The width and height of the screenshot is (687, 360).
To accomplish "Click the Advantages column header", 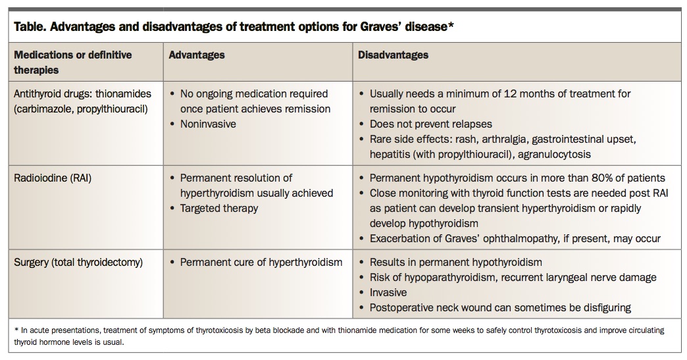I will point(197,55).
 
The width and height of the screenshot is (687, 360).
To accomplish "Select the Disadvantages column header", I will point(393,55).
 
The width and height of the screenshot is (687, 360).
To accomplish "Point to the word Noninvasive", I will point(207,124).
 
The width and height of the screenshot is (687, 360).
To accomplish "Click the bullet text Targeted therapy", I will point(219,208).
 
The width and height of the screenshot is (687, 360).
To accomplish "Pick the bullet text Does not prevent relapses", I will point(430,124).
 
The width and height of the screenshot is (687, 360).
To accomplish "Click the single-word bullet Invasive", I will point(388,292).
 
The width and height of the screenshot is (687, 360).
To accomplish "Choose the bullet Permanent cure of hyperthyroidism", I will point(261,262).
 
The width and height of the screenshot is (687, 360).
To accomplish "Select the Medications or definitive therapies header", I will point(72,62).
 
